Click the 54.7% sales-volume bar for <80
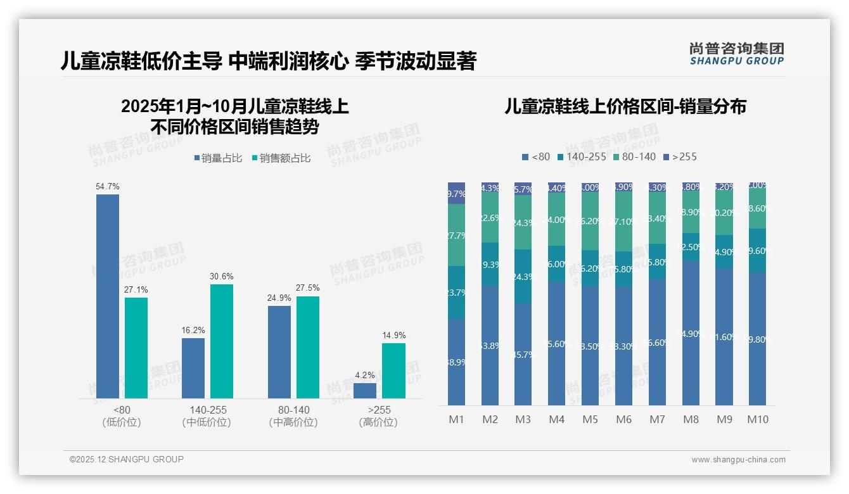pyautogui.click(x=108, y=296)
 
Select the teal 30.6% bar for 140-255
pyautogui.click(x=222, y=341)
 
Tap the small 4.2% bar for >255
pyautogui.click(x=365, y=391)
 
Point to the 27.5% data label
pyautogui.click(x=307, y=288)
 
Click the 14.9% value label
pyautogui.click(x=393, y=335)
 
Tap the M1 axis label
pyautogui.click(x=456, y=419)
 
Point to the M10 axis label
pyautogui.click(x=758, y=419)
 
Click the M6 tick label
pyautogui.click(x=623, y=419)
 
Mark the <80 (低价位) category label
pyautogui.click(x=121, y=416)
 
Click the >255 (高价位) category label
pyautogui.click(x=379, y=416)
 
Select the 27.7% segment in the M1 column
pyautogui.click(x=456, y=235)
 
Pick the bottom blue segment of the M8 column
pyautogui.click(x=691, y=333)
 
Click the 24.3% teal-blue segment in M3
pyautogui.click(x=523, y=276)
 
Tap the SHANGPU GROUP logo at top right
pyautogui.click(x=736, y=53)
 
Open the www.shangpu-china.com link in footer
pyautogui.click(x=738, y=460)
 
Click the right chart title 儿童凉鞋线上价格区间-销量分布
pyautogui.click(x=625, y=106)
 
